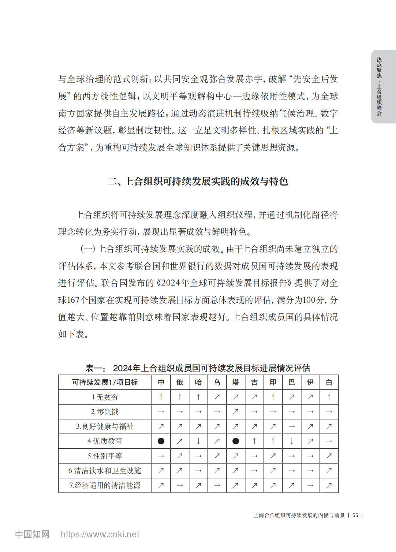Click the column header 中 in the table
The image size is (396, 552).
tap(161, 382)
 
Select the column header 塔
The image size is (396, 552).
tap(236, 382)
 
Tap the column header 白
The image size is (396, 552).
tap(329, 382)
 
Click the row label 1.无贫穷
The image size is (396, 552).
tap(105, 397)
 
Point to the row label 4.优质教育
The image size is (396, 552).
tap(105, 441)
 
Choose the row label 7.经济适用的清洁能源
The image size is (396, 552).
tap(105, 485)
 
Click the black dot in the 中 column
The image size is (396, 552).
tap(161, 441)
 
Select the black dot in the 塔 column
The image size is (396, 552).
tap(236, 441)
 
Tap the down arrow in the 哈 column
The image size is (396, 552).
tap(198, 441)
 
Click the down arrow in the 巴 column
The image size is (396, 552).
tap(292, 441)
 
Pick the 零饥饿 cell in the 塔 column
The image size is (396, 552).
tap(236, 412)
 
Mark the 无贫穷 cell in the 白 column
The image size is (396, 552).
tap(329, 397)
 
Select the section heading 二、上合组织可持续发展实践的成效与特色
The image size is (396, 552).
tap(198, 181)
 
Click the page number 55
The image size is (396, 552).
tap(355, 515)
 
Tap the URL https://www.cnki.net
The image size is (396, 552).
tap(100, 534)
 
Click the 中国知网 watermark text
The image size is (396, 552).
tap(32, 534)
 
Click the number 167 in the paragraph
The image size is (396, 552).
tap(73, 300)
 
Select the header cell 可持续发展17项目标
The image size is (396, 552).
tap(105, 382)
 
